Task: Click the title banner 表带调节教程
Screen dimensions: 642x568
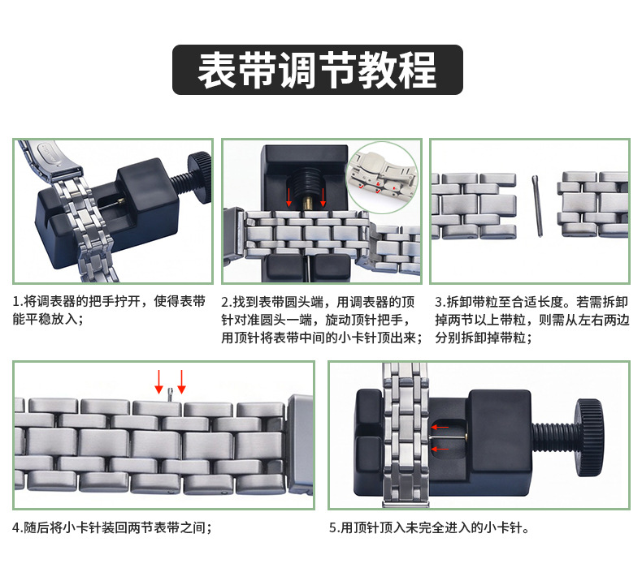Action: (x=317, y=70)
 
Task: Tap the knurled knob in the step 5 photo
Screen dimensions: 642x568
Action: (x=589, y=438)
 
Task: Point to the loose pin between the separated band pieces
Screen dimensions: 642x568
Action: (x=537, y=205)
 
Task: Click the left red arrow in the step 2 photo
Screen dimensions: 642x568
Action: (x=288, y=197)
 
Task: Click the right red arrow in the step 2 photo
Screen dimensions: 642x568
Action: (x=323, y=197)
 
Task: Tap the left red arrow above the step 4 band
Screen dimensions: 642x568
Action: (x=158, y=382)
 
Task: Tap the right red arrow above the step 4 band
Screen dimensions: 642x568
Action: (x=181, y=382)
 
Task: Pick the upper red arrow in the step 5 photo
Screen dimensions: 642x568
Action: (x=440, y=428)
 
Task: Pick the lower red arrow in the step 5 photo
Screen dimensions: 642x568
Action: (x=440, y=449)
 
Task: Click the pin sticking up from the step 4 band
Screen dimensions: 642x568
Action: (x=171, y=395)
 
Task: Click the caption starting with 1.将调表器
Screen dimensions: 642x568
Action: (x=109, y=310)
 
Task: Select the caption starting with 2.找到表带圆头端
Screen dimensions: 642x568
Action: (x=322, y=320)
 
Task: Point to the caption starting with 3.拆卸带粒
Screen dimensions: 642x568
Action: (x=531, y=320)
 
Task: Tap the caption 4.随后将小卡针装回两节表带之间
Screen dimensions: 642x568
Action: (x=112, y=527)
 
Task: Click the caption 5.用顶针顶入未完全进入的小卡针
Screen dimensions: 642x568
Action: (x=429, y=527)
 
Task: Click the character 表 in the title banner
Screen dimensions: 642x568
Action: (x=217, y=70)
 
